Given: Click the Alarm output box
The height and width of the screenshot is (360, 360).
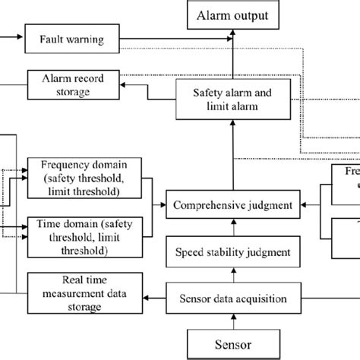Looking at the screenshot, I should [232, 14].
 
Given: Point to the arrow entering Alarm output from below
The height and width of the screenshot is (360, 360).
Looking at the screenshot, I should [232, 53].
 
